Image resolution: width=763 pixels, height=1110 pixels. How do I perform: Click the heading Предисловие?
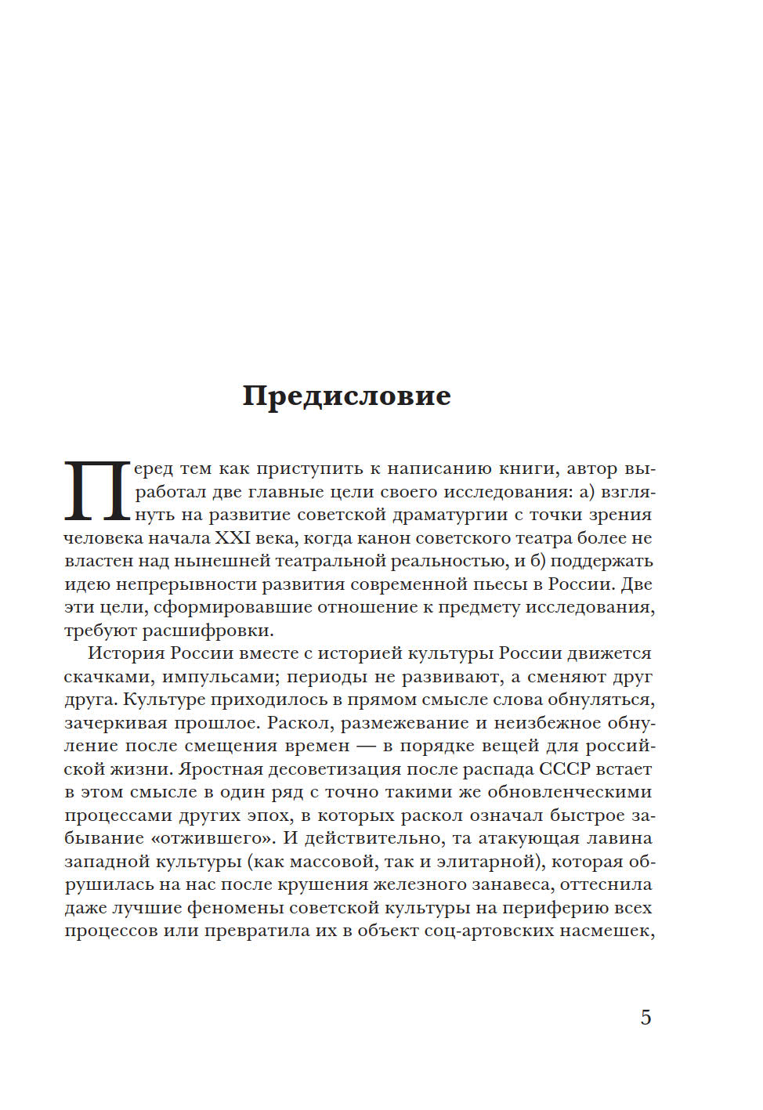point(346,396)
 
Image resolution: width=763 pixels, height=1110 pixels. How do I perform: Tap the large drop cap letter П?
point(96,491)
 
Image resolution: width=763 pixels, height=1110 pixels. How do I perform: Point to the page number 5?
point(645,1018)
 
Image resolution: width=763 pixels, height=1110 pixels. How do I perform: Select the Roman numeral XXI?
point(231,538)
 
